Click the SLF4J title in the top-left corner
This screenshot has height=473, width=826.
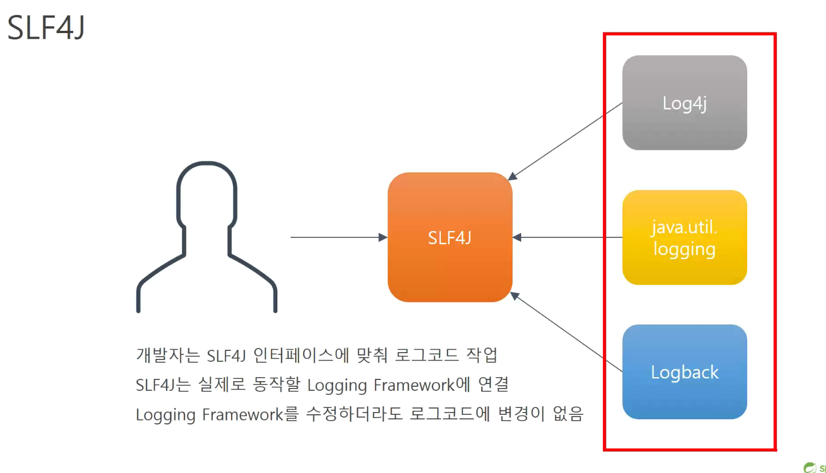pyautogui.click(x=46, y=27)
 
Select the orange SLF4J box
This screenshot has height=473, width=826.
pyautogui.click(x=450, y=237)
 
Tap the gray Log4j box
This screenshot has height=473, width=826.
pyautogui.click(x=684, y=103)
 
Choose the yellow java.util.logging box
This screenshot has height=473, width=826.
pyautogui.click(x=684, y=237)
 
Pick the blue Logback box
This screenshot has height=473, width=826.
pyautogui.click(x=684, y=372)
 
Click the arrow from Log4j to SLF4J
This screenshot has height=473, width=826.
pyautogui.click(x=565, y=140)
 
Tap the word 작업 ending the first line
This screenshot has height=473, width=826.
pyautogui.click(x=483, y=355)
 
